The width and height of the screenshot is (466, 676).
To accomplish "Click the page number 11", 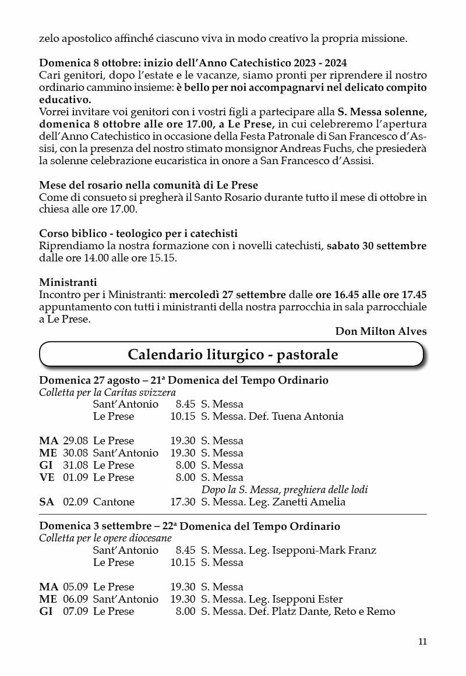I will tap(422, 642).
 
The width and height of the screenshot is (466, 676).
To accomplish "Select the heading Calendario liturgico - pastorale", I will tap(232, 355).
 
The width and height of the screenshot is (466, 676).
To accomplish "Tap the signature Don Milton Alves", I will tap(380, 331).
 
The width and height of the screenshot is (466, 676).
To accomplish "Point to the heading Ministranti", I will tap(68, 282).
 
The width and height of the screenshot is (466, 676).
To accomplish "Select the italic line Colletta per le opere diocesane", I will tap(105, 538).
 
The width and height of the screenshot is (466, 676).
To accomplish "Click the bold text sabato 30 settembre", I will tap(376, 246).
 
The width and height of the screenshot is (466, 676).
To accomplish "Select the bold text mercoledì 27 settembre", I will tap(227, 295).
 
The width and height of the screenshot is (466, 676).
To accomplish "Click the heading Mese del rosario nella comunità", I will tap(149, 185).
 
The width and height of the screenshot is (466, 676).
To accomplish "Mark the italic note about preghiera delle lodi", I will tap(284, 490).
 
